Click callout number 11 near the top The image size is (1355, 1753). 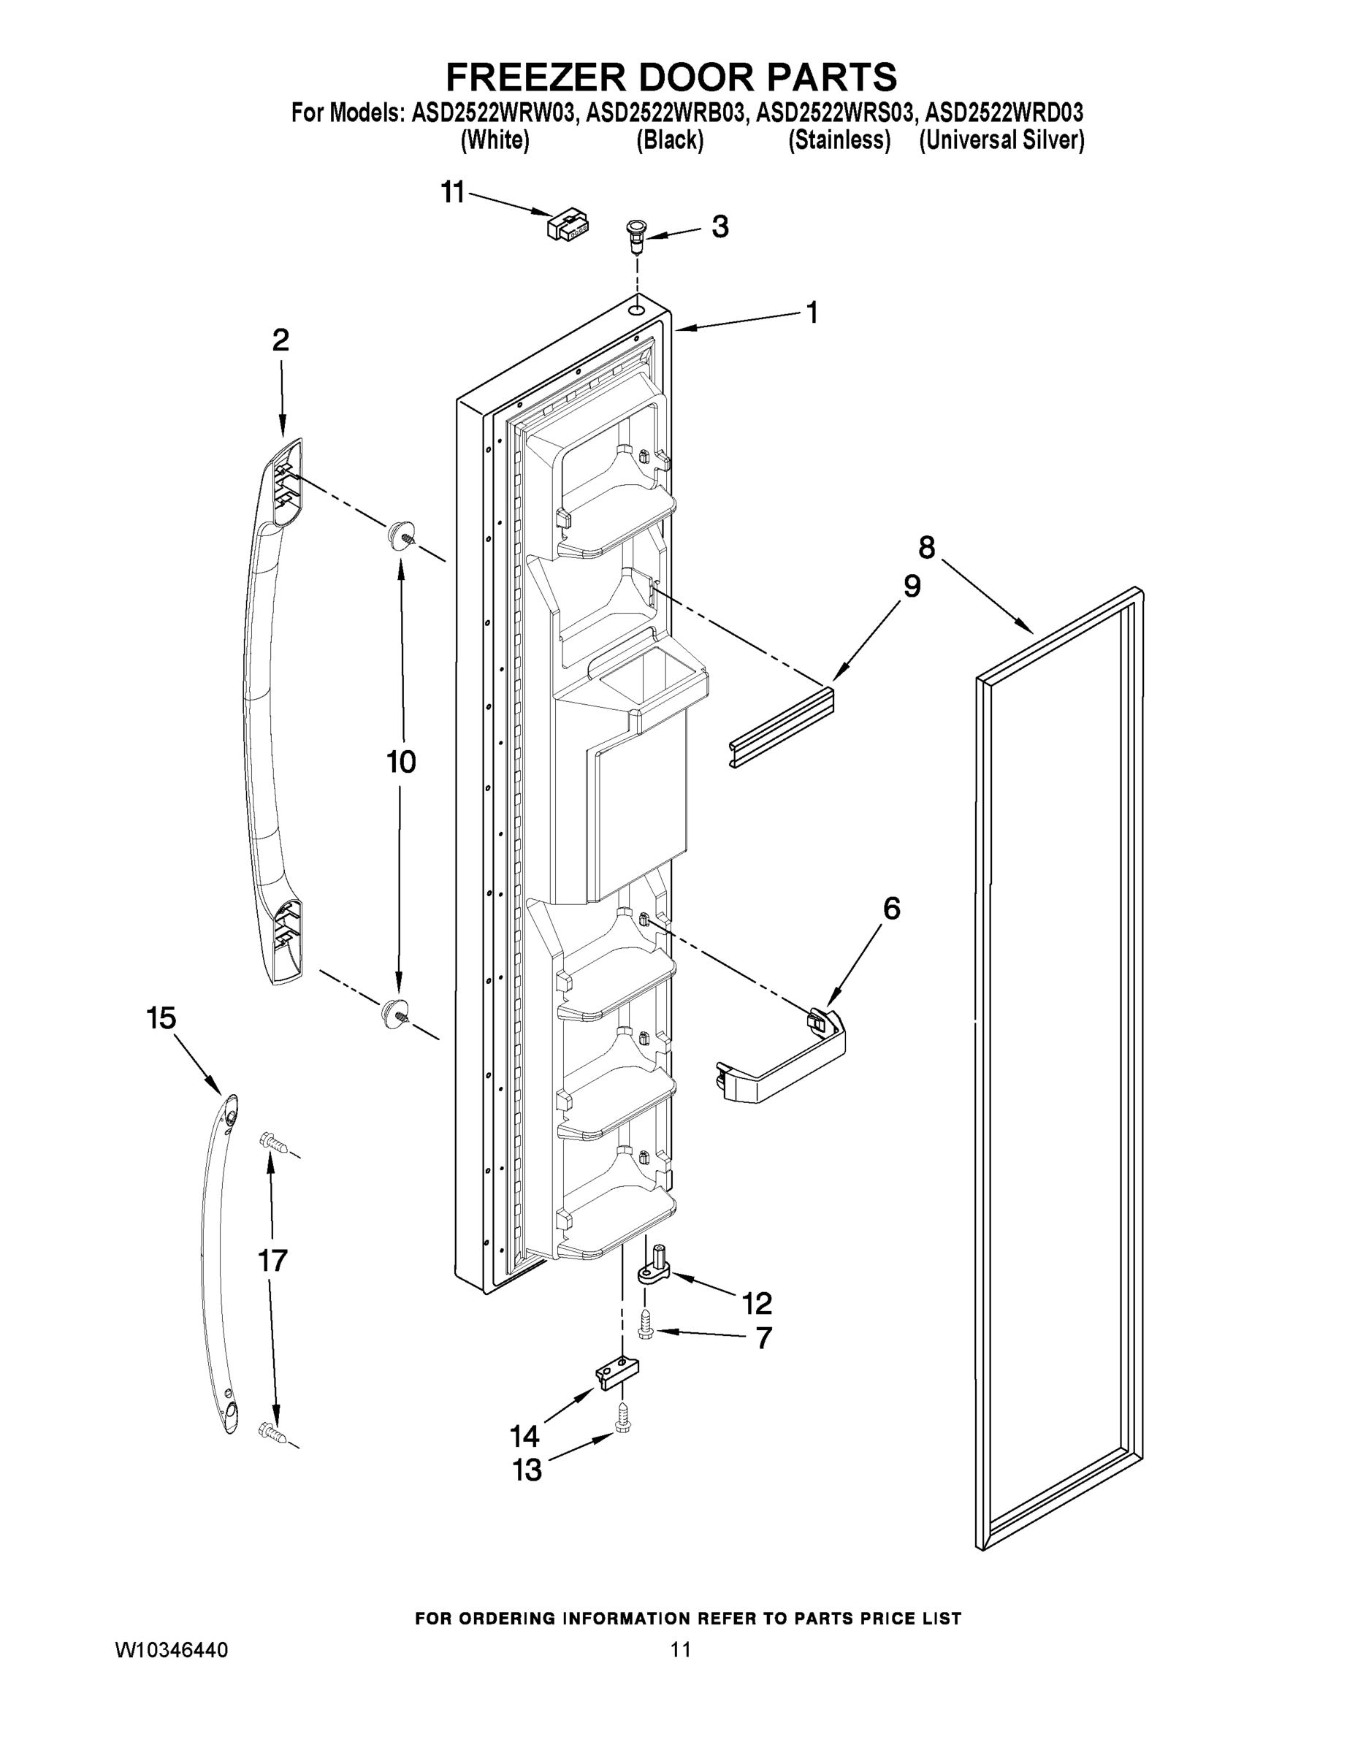454,193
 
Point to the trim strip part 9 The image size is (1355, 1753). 782,723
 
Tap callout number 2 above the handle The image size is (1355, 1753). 280,340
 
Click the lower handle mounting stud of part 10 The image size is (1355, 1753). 395,1012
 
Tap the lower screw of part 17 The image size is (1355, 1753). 272,1431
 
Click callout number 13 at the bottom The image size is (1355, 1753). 527,1470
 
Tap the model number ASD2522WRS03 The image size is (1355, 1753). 835,112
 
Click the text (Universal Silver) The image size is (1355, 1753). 1001,140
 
